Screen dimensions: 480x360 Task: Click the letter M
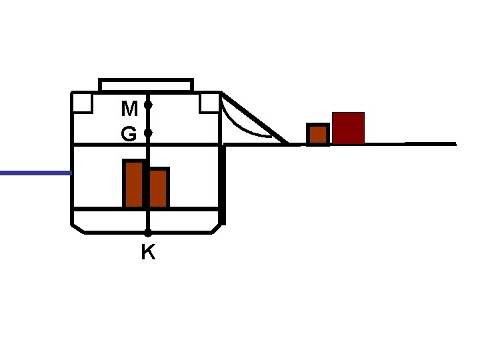click(x=129, y=107)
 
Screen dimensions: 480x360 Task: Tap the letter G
click(x=129, y=135)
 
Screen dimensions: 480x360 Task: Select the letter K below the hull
click(x=148, y=252)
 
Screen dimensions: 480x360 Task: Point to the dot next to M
click(x=148, y=105)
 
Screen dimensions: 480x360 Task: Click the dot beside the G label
click(x=148, y=133)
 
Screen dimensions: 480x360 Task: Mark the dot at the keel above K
click(x=148, y=233)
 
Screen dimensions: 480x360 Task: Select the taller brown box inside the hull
click(x=134, y=184)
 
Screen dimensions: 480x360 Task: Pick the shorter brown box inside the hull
click(x=159, y=188)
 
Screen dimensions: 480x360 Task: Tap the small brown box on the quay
click(x=318, y=134)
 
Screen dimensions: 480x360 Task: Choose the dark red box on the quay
click(x=348, y=128)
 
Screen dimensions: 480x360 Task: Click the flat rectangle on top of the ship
click(x=146, y=85)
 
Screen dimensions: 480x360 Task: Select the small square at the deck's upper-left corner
click(x=82, y=102)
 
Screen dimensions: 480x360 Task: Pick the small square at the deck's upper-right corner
click(x=209, y=102)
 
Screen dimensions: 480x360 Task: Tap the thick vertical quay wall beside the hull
click(x=223, y=185)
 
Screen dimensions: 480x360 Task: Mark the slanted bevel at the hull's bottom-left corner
click(x=77, y=228)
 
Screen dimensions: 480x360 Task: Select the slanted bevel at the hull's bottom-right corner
click(x=216, y=228)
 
